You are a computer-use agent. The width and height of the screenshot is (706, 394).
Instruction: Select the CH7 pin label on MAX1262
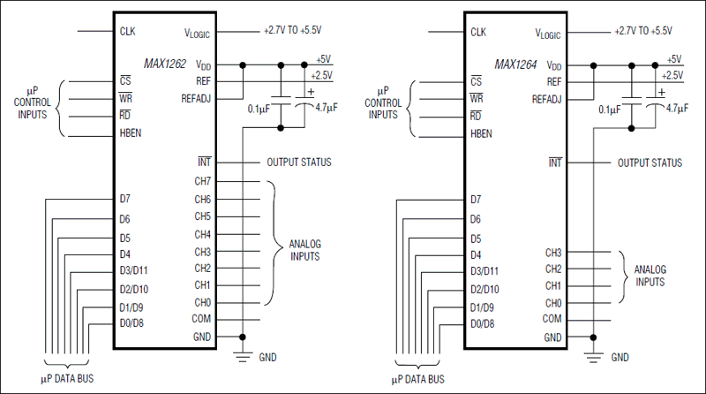click(203, 181)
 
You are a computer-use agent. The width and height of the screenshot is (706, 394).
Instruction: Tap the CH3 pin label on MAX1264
click(553, 252)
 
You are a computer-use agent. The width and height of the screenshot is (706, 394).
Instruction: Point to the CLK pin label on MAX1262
click(128, 32)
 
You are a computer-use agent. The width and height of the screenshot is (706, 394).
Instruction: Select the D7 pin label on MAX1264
click(477, 200)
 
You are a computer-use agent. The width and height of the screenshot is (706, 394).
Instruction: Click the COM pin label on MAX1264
click(552, 319)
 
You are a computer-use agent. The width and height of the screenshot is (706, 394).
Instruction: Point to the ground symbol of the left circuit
click(242, 355)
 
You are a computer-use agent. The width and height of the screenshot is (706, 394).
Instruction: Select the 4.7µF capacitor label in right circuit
click(677, 109)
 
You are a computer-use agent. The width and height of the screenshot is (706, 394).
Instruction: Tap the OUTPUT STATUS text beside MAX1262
click(298, 163)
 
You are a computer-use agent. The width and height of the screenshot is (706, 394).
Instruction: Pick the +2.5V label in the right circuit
click(669, 76)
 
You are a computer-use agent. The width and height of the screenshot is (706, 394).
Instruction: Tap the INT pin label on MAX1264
click(554, 163)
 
